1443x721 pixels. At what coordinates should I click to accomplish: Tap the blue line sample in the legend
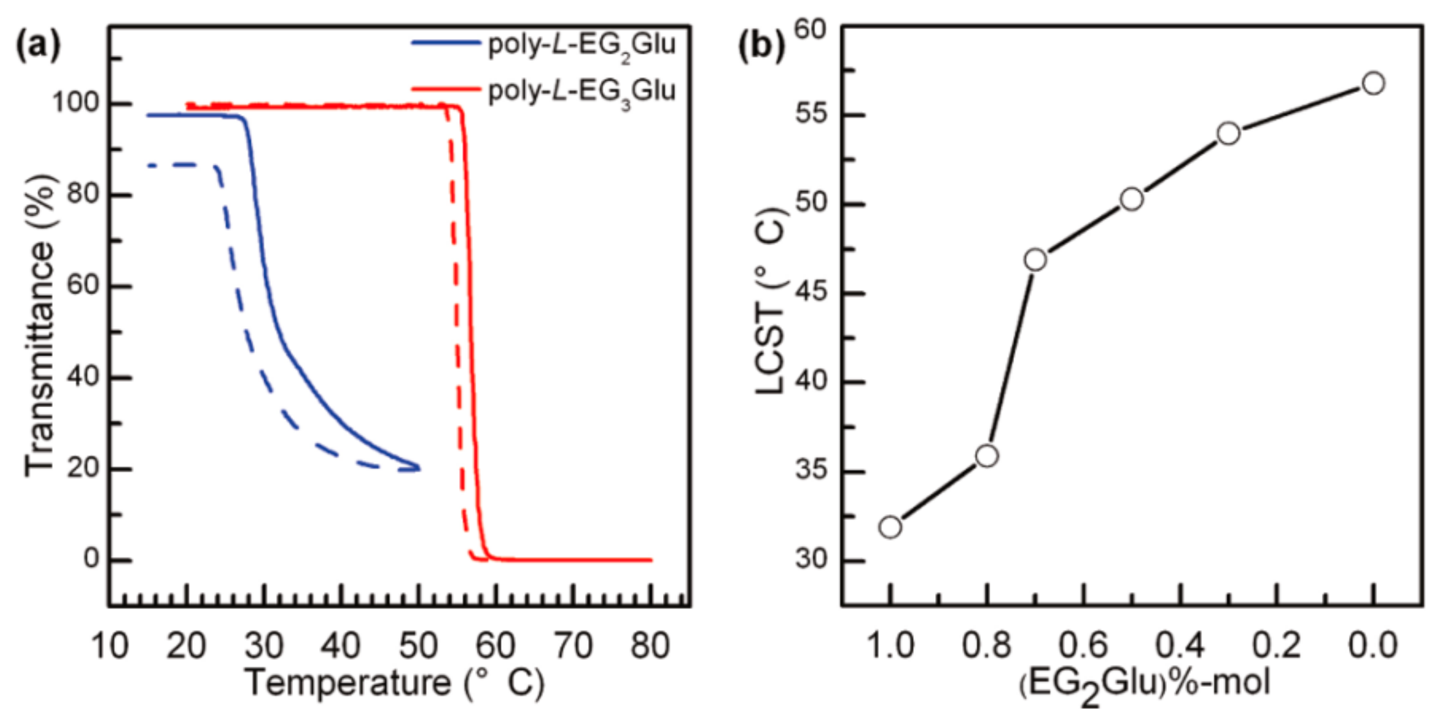coord(445,43)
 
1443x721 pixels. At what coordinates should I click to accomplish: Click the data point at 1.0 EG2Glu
coord(890,527)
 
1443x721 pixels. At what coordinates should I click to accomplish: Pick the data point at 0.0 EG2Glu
coord(1373,84)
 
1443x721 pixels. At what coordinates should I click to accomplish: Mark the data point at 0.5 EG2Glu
coord(1132,199)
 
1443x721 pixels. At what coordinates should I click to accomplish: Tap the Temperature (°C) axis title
coord(394,683)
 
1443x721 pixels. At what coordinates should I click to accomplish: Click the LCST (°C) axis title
coord(772,305)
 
